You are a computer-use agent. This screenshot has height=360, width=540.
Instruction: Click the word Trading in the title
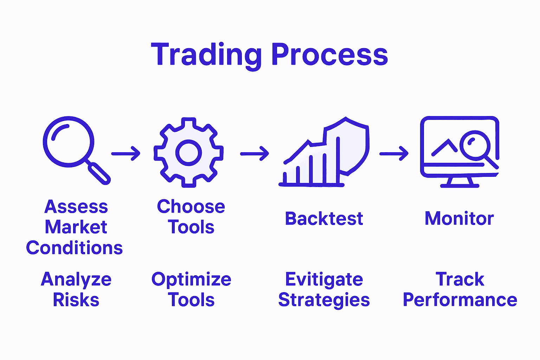tap(206, 55)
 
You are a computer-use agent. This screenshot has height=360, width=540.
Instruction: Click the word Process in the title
tap(329, 55)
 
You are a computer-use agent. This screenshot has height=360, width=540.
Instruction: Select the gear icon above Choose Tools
tap(188, 153)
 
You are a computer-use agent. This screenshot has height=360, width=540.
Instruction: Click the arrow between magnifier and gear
tap(126, 154)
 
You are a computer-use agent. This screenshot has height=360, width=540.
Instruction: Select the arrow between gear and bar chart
tap(255, 154)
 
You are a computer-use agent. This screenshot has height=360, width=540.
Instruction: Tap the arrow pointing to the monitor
tap(394, 154)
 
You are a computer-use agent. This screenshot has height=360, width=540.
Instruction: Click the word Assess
tap(76, 207)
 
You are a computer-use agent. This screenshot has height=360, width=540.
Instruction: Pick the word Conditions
tap(75, 248)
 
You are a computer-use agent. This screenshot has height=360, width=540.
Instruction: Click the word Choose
tap(191, 207)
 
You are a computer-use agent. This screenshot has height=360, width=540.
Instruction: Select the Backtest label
tap(324, 219)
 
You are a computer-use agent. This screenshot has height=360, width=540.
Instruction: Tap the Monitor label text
tap(459, 219)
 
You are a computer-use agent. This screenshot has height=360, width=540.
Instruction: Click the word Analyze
tap(76, 280)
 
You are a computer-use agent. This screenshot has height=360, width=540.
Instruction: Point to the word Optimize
tap(191, 280)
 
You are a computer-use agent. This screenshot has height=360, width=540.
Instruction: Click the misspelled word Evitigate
tap(324, 280)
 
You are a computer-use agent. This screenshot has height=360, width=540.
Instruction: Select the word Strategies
tap(324, 300)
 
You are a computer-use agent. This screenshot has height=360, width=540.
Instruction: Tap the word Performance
tap(460, 300)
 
